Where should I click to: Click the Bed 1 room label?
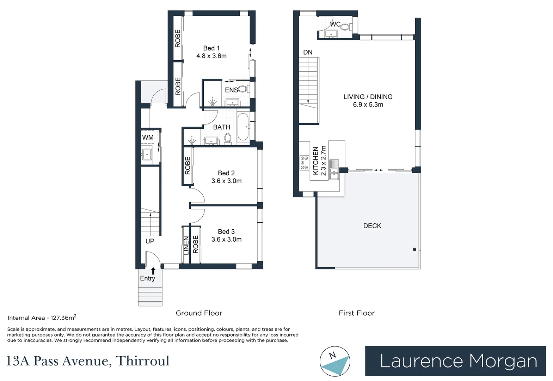point(211,48)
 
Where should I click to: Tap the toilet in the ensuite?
point(244,89)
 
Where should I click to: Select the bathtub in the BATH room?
point(242,127)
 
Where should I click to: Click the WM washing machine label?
point(148,137)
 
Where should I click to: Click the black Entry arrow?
point(153,271)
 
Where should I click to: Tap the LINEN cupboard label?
point(186,246)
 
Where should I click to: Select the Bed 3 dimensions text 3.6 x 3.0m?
point(226,240)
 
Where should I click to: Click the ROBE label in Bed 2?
point(188,165)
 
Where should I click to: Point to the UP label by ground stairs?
point(150,241)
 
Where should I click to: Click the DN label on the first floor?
point(308,52)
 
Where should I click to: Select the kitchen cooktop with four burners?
point(304,163)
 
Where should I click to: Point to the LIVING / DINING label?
point(368,97)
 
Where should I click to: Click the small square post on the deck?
point(414,249)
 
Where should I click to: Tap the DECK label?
point(372,226)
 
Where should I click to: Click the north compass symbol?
point(335,361)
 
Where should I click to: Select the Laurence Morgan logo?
point(455,361)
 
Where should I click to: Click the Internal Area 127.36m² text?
point(42,318)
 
